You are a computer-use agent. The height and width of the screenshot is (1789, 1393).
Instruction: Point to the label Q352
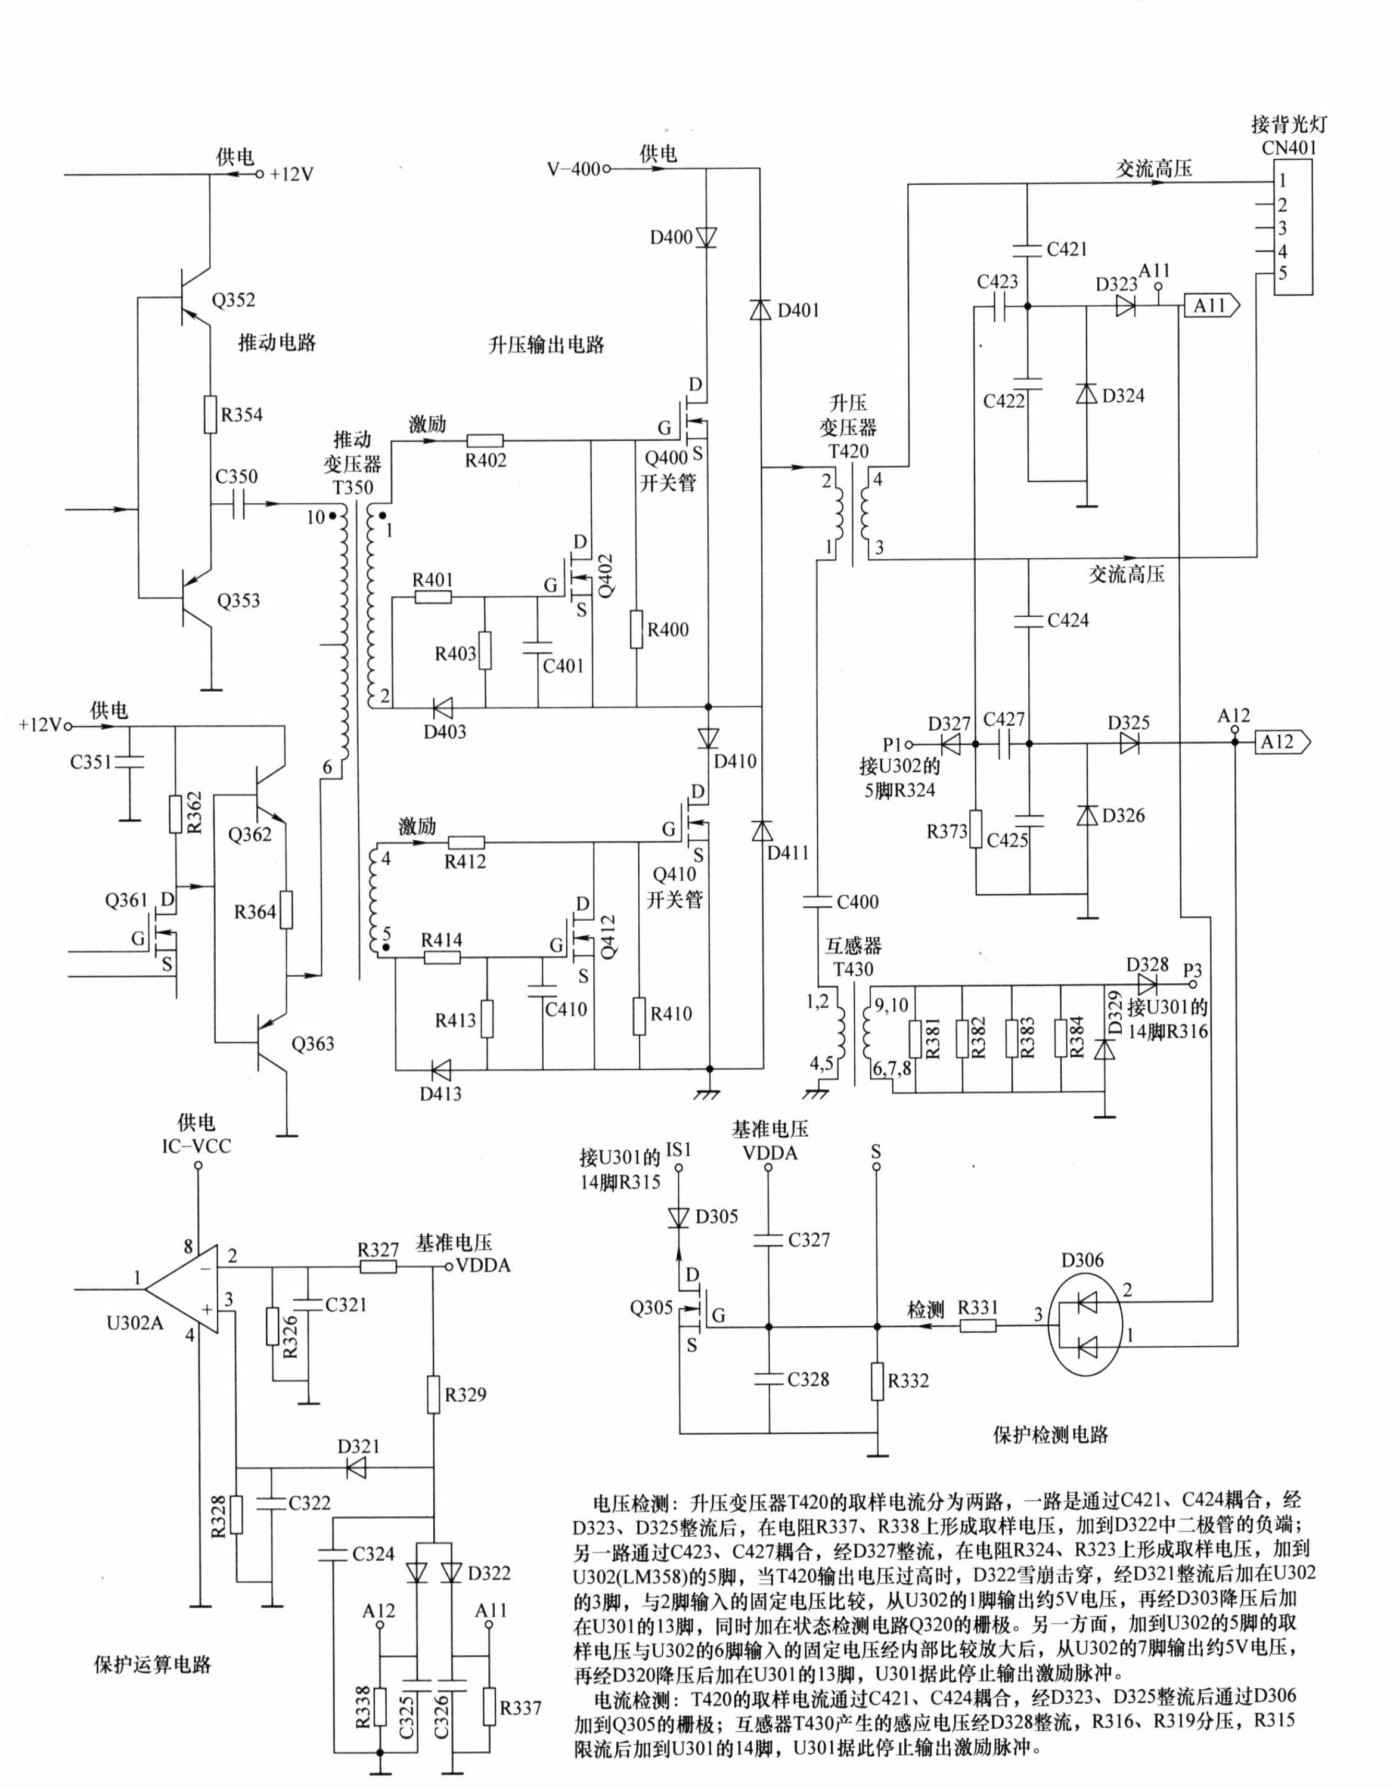click(234, 300)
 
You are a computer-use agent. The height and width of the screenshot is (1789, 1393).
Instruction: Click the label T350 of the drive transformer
click(352, 487)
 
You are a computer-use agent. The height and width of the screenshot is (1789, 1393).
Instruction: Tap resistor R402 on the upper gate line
click(485, 440)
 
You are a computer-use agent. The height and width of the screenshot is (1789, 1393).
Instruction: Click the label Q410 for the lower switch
click(674, 875)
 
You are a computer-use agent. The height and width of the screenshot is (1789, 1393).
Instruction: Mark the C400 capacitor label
click(857, 902)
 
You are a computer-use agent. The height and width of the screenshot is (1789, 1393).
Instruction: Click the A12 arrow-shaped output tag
click(1283, 742)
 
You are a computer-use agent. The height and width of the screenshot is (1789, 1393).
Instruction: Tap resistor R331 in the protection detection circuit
click(979, 1324)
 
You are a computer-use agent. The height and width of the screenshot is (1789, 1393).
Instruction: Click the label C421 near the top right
click(1067, 249)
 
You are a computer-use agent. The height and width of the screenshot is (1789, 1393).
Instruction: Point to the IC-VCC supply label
click(197, 1146)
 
